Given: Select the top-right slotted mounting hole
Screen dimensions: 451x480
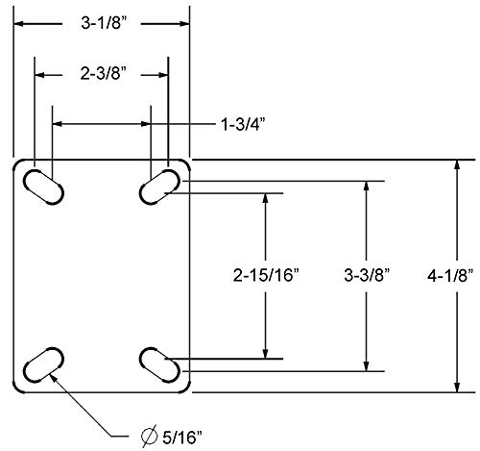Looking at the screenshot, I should pyautogui.click(x=159, y=186).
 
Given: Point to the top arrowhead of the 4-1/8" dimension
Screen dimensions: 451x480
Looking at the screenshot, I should pyautogui.click(x=454, y=164).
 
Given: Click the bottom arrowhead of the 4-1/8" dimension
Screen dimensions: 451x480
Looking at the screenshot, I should pyautogui.click(x=454, y=387).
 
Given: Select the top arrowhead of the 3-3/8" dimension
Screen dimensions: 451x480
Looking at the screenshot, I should pyautogui.click(x=366, y=185).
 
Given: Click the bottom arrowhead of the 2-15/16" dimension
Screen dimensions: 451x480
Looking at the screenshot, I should pyautogui.click(x=265, y=353).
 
